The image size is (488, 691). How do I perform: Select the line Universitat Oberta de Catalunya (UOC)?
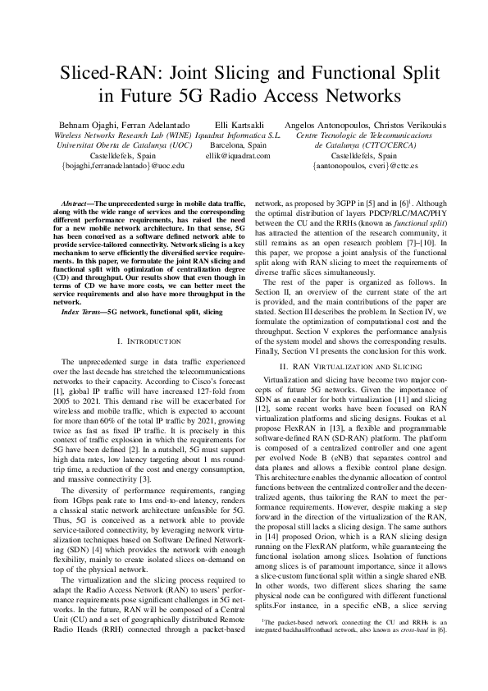coord(123,144)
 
